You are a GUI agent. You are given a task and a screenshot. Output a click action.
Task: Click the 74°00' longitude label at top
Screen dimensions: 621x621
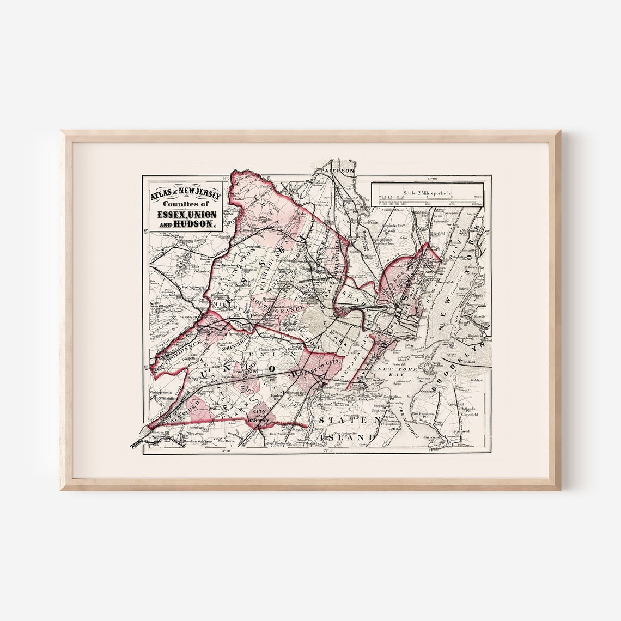(434, 177)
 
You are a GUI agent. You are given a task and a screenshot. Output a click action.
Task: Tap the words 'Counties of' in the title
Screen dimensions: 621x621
(180, 204)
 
